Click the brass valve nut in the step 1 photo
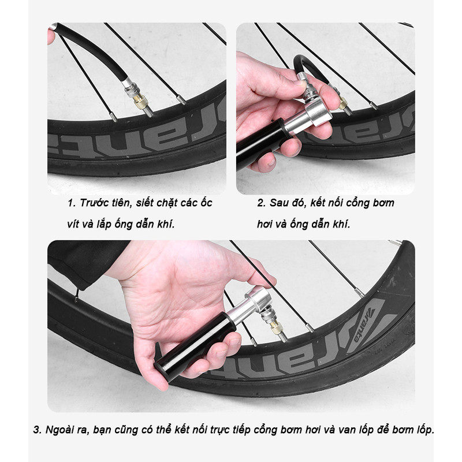tap(140, 101)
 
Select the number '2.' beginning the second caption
tap(262, 203)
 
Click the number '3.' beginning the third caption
tap(38, 430)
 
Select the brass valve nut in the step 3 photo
tap(277, 327)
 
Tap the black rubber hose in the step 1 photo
tap(92, 50)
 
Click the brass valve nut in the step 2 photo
tap(342, 103)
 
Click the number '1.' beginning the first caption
tap(72, 203)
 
